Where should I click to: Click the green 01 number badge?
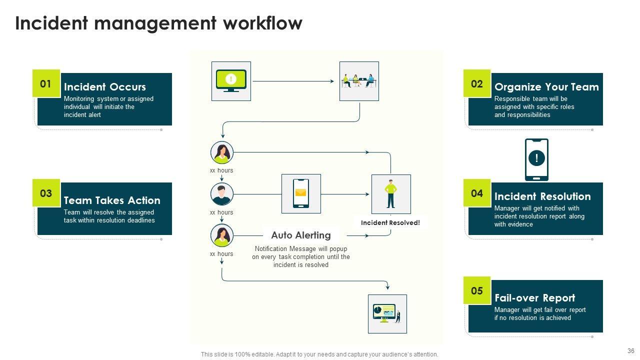46,83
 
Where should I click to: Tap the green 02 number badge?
477,83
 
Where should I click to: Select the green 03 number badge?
46,193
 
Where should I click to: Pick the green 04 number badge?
477,193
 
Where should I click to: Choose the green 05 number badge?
477,290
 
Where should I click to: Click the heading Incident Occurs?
105,87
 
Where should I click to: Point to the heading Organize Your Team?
546,87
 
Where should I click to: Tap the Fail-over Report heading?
534,298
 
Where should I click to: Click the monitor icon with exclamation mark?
231,81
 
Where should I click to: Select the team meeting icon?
359,81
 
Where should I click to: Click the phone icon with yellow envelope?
301,193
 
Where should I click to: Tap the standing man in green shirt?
390,194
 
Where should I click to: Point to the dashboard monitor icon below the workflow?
387,313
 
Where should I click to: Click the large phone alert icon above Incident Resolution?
536,159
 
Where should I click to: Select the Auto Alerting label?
301,235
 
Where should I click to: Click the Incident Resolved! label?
390,223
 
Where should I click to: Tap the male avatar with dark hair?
222,194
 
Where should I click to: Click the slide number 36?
630,351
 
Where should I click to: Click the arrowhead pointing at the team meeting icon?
332,81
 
